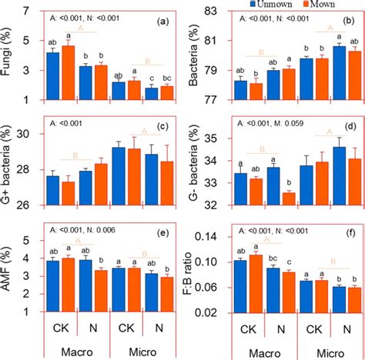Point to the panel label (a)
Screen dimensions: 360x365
pos(162,23)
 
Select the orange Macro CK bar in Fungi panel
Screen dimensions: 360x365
pos(67,73)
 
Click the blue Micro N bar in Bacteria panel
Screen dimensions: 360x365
pos(317,73)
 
